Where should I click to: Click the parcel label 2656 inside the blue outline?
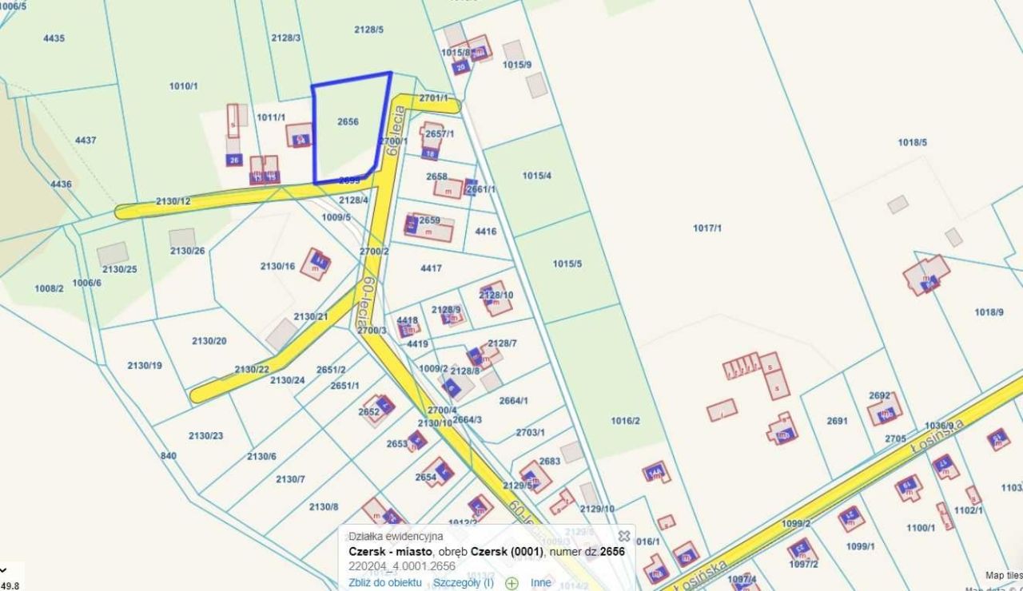tap(348, 122)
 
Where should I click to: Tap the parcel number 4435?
tap(54, 38)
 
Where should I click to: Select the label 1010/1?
tap(183, 85)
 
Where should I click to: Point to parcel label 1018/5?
tap(912, 142)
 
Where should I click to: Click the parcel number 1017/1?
tap(707, 228)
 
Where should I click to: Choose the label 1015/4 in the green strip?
tap(536, 175)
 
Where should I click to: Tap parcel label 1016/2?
tap(625, 421)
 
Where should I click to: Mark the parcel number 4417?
tap(431, 268)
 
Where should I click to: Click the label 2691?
tap(837, 421)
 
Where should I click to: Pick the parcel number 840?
tap(168, 456)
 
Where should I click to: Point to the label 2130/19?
tap(145, 366)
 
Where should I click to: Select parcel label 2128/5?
tap(369, 30)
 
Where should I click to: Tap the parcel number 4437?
tap(86, 141)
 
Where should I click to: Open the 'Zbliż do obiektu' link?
tap(384, 582)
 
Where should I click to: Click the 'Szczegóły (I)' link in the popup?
tap(464, 582)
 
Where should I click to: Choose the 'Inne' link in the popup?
tap(541, 582)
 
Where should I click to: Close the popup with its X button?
tap(624, 536)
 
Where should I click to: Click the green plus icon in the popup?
tap(511, 583)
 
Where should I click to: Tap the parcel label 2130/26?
tap(187, 251)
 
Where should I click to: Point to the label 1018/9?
tap(989, 312)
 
